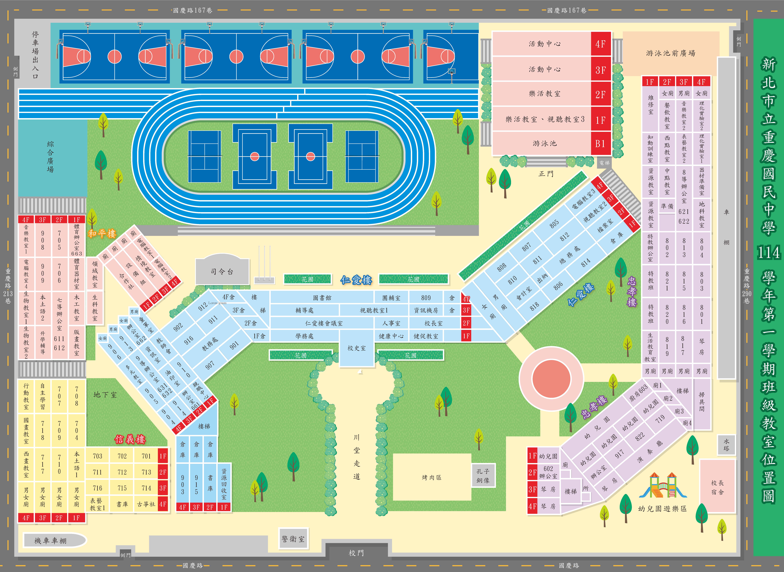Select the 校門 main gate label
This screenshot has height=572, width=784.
[356, 553]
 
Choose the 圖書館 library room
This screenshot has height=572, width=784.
[322, 298]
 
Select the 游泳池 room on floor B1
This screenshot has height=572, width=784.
[544, 143]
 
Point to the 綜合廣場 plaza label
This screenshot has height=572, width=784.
[51, 157]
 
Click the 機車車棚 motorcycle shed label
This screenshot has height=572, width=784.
[51, 540]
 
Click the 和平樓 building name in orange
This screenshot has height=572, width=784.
[102, 234]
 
